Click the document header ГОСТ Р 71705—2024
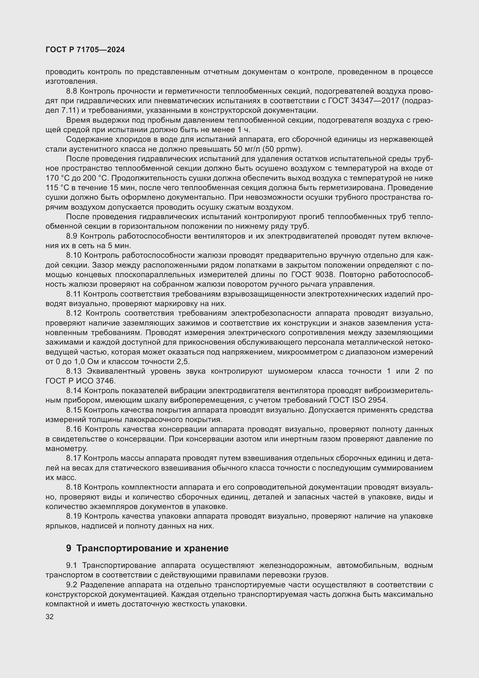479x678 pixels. (x=85, y=50)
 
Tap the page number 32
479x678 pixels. (x=50, y=617)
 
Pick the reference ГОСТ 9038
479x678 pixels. (x=313, y=275)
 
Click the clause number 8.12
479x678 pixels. (x=74, y=313)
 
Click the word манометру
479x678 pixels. (x=66, y=448)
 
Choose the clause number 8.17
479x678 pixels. (x=74, y=458)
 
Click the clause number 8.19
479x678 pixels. (x=74, y=516)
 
